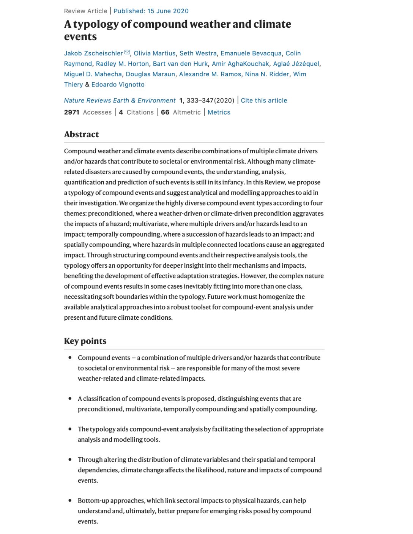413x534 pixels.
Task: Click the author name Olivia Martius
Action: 154,53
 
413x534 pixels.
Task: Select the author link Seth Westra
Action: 198,53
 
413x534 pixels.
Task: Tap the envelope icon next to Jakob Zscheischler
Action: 127,53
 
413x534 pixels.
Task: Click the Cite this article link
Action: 264,101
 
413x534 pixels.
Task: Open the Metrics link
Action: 219,112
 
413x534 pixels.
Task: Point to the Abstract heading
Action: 81,134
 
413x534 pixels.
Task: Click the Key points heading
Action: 85,341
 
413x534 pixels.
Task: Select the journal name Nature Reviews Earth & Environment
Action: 120,101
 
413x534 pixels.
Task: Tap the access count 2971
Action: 71,112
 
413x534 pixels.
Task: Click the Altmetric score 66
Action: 165,112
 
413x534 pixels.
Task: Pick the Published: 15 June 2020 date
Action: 151,11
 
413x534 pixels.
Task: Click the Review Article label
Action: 85,11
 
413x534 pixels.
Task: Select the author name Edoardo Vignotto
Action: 118,85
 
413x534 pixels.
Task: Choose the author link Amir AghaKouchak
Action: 240,64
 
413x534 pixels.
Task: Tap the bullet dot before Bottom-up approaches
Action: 70,500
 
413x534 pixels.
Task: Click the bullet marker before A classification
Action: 70,398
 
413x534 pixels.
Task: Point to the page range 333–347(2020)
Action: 210,101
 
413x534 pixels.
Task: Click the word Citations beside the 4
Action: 140,112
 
